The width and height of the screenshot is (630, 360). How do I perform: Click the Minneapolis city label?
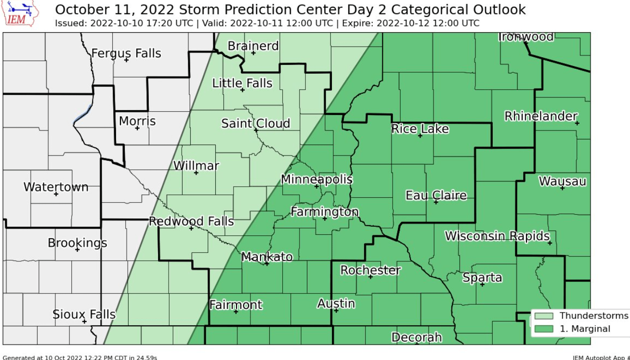(x=316, y=180)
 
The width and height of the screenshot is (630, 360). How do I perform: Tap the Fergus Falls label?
(x=126, y=53)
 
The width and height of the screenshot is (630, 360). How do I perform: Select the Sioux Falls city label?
(x=84, y=315)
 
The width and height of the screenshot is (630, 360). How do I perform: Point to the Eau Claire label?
(x=436, y=195)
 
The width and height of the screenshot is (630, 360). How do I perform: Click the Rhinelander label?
(x=540, y=116)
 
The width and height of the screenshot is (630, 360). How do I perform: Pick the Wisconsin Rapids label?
(x=497, y=236)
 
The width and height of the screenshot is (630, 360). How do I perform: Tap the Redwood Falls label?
(x=191, y=221)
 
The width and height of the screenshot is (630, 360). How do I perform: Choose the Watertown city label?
(x=56, y=187)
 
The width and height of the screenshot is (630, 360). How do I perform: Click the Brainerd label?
(x=253, y=46)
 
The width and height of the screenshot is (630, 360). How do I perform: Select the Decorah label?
(x=416, y=337)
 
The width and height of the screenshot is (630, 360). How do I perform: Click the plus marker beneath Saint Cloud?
(x=256, y=130)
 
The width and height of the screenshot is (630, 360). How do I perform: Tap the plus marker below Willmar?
(x=196, y=173)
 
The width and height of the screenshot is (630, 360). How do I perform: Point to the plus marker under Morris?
(x=137, y=128)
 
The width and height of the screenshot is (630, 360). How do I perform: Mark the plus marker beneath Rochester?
(x=370, y=277)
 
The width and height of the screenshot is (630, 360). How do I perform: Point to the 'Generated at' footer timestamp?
(x=79, y=357)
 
